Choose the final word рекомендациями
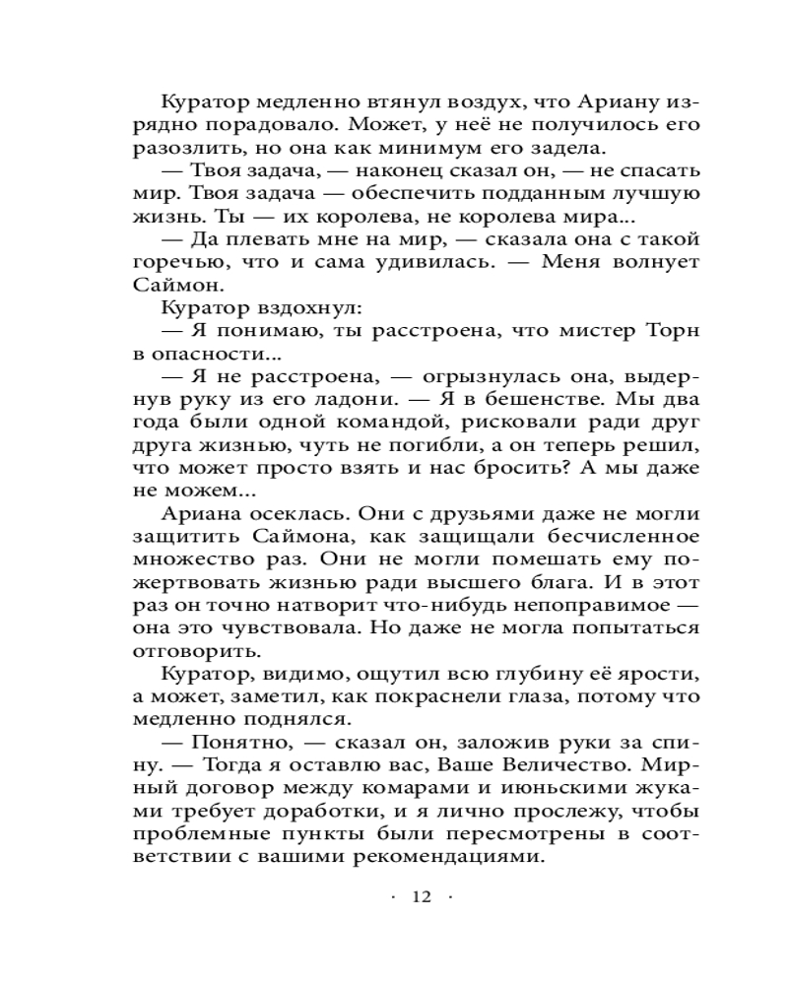(x=452, y=855)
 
